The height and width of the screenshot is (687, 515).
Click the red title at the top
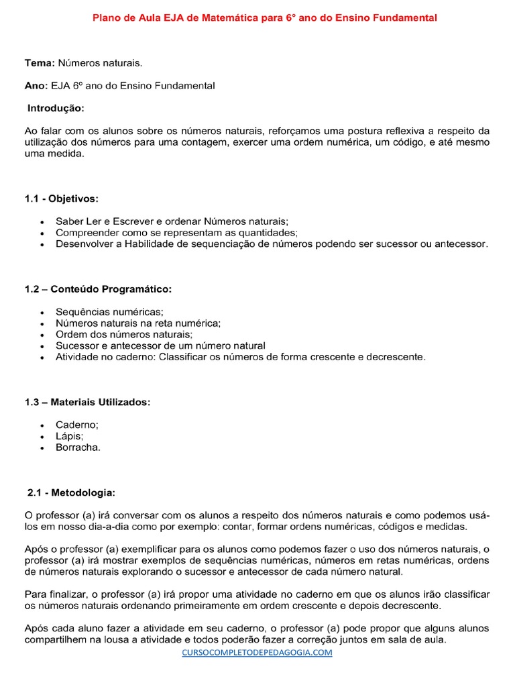[x=264, y=18]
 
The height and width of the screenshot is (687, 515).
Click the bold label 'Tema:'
[x=40, y=63]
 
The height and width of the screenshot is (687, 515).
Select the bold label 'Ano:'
[x=36, y=86]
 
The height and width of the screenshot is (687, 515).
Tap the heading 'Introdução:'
[x=56, y=108]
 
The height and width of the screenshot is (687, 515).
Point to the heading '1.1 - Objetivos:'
[x=61, y=199]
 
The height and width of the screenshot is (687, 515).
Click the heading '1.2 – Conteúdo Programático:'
[x=98, y=289]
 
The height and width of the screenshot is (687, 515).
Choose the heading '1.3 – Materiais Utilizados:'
[x=87, y=402]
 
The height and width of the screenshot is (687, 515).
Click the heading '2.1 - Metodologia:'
[x=72, y=492]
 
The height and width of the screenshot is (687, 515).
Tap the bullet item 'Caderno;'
[x=77, y=425]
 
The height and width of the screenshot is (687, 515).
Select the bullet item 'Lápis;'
[x=70, y=436]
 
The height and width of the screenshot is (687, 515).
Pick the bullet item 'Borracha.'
[x=78, y=447]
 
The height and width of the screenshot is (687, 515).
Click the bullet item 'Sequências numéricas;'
[x=109, y=312]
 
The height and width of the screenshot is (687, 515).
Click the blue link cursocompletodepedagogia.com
[x=257, y=652]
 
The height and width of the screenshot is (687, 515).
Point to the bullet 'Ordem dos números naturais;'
[x=124, y=334]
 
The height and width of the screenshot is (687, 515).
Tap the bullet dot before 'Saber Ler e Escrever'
[x=42, y=221]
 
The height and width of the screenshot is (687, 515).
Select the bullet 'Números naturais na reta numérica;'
[x=138, y=323]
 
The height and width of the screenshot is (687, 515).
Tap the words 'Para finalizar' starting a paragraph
[x=54, y=594]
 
